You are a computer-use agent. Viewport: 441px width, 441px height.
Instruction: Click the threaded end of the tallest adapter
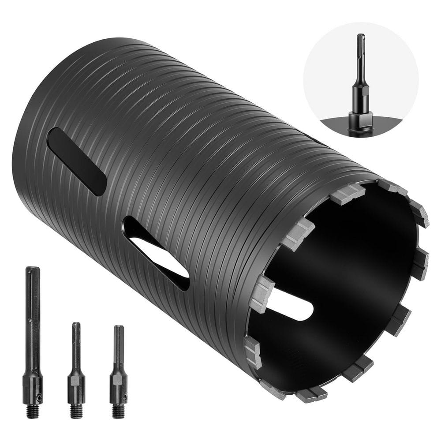pyautogui.click(x=33, y=411)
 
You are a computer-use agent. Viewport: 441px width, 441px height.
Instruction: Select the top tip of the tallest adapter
pyautogui.click(x=33, y=269)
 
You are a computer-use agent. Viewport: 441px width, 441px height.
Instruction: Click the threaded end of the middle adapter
pyautogui.click(x=76, y=411)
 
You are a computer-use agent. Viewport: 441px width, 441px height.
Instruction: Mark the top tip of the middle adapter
pyautogui.click(x=76, y=324)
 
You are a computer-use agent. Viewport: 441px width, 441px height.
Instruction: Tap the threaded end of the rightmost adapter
pyautogui.click(x=118, y=411)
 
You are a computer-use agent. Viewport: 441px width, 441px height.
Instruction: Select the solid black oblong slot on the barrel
pyautogui.click(x=76, y=161)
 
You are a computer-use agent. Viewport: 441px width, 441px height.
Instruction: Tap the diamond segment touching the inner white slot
pyautogui.click(x=262, y=293)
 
